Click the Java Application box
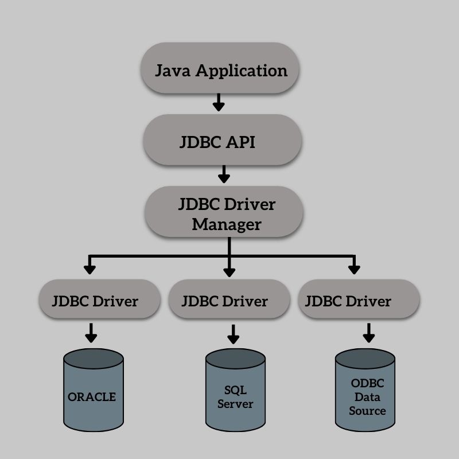coord(221,71)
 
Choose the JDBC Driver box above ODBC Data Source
coord(359,300)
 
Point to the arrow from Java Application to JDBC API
coord(218,103)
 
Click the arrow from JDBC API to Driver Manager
coord(224,173)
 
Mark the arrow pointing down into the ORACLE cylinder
coord(91,332)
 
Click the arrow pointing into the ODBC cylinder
coord(368,331)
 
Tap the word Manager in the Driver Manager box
coord(226,224)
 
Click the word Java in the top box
coord(174,71)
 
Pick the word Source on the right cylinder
coord(367,411)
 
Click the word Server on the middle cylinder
coord(236,403)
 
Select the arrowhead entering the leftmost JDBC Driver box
coord(89,268)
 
